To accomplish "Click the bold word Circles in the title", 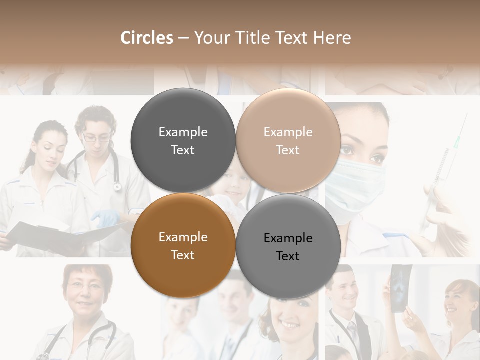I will pyautogui.click(x=147, y=38).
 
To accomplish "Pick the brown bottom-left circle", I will pyautogui.click(x=183, y=246).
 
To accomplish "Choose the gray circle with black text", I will pyautogui.click(x=288, y=247).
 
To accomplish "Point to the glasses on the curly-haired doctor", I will pyautogui.click(x=96, y=137).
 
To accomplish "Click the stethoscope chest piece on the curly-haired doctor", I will pyautogui.click(x=117, y=186).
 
